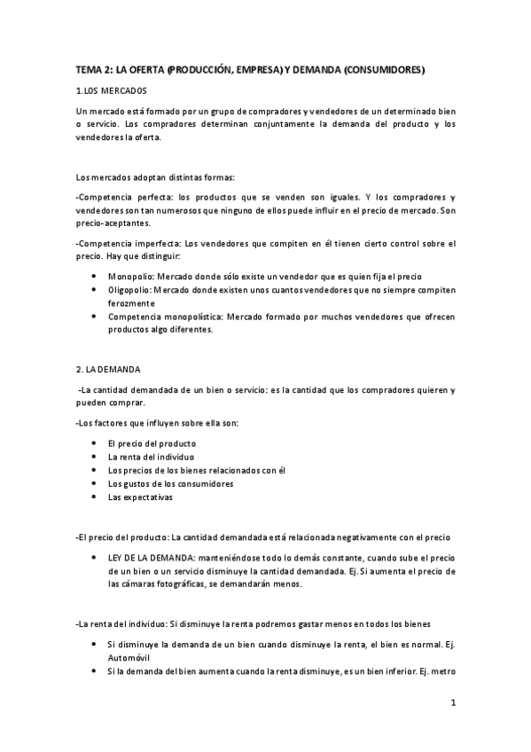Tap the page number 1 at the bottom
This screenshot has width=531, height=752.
click(x=453, y=705)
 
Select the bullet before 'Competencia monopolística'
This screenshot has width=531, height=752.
click(x=95, y=316)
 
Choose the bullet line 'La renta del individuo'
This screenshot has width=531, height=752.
click(x=151, y=456)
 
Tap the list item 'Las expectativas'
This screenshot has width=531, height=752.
click(x=140, y=497)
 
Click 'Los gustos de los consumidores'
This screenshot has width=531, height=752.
click(x=170, y=483)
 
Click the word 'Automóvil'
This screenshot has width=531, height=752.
click(x=129, y=659)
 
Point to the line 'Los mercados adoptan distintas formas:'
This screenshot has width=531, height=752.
click(x=156, y=176)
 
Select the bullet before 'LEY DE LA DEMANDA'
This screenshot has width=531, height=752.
click(x=95, y=559)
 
